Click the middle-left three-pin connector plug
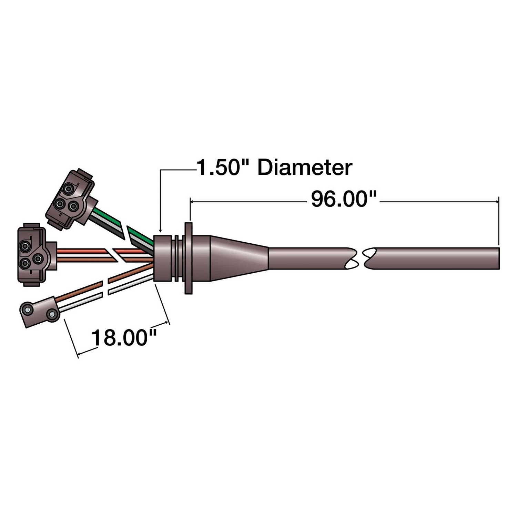(32, 256)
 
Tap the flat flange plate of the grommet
(188, 258)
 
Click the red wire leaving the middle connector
(83, 251)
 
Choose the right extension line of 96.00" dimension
(498, 221)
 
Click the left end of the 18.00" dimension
(78, 354)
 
